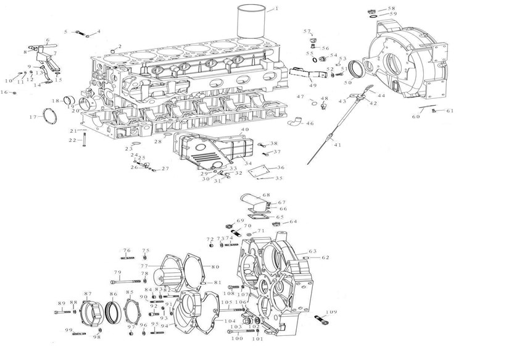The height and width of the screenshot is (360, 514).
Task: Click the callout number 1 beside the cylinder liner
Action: pyautogui.click(x=276, y=9)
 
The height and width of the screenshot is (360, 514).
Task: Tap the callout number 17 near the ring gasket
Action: pyautogui.click(x=33, y=117)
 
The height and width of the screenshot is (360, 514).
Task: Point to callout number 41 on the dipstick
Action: pyautogui.click(x=337, y=144)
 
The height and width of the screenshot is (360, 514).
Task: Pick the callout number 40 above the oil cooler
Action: pyautogui.click(x=245, y=129)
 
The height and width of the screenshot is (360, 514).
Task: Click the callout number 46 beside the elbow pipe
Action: pyautogui.click(x=310, y=123)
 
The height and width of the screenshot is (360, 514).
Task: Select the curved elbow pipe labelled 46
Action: pyautogui.click(x=297, y=122)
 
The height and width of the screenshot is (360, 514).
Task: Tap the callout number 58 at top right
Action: pyautogui.click(x=391, y=8)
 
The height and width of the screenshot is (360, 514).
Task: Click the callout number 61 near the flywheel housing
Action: pyautogui.click(x=450, y=111)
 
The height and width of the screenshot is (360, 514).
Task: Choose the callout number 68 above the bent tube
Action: pyautogui.click(x=266, y=196)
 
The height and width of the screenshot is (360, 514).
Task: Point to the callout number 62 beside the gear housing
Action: pyautogui.click(x=325, y=257)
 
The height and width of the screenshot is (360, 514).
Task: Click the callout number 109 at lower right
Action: pyautogui.click(x=331, y=312)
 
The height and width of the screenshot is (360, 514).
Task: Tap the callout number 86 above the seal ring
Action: pyautogui.click(x=113, y=294)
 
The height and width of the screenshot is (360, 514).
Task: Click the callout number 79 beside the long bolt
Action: pyautogui.click(x=117, y=272)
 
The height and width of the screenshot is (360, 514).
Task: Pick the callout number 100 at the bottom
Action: pyautogui.click(x=237, y=338)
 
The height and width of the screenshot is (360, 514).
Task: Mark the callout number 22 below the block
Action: pyautogui.click(x=72, y=140)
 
